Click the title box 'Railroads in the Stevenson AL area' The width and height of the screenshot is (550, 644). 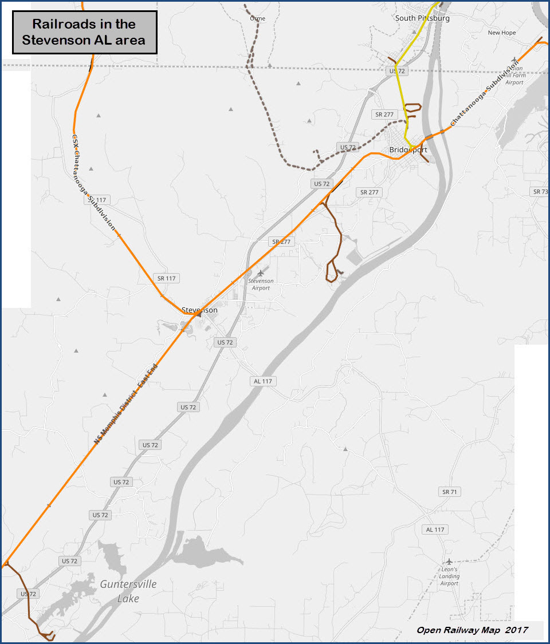click(84, 32)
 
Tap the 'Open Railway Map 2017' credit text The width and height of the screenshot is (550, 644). click(472, 630)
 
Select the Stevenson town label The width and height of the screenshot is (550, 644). click(199, 310)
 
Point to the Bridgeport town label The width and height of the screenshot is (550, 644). click(408, 150)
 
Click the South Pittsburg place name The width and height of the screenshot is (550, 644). click(422, 18)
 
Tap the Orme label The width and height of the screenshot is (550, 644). click(258, 18)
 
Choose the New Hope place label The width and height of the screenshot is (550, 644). click(501, 33)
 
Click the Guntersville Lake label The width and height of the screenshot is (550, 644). click(128, 591)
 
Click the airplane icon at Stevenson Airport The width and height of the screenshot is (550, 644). click(261, 272)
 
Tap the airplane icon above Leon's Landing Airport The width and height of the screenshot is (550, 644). click(449, 561)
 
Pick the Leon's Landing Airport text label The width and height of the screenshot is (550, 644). click(449, 576)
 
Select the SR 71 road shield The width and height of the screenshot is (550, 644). click(451, 492)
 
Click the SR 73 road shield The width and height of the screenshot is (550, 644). click(540, 191)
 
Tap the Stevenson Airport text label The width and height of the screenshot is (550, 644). click(261, 285)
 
